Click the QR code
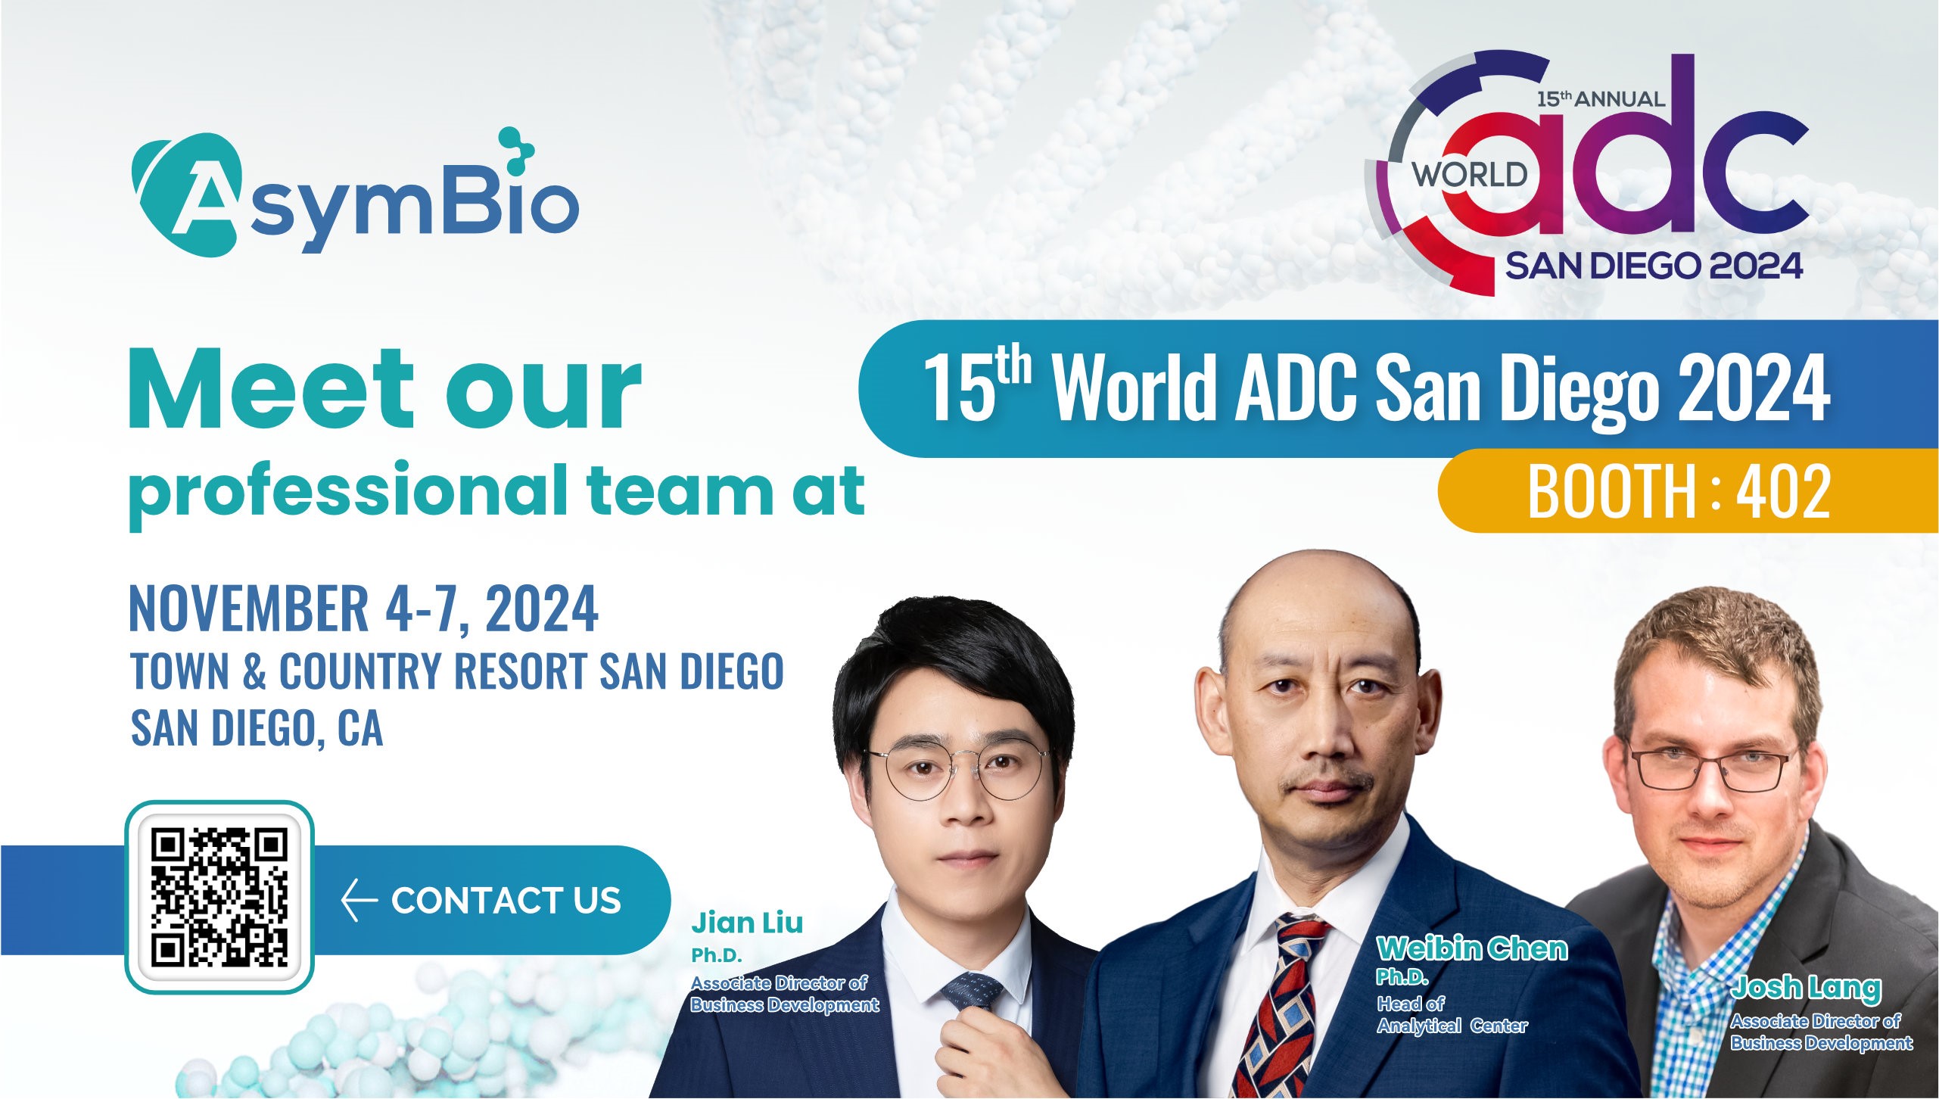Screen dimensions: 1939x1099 click(x=219, y=898)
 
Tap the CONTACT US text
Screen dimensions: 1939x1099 click(x=506, y=901)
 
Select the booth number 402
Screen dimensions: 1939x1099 click(x=1783, y=491)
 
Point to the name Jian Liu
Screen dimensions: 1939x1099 click(x=747, y=923)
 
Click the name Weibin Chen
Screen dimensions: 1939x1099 click(x=1472, y=948)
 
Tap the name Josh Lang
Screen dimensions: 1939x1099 click(x=1806, y=988)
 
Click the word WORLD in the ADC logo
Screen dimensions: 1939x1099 click(x=1470, y=175)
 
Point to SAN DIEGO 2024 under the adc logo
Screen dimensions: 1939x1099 click(x=1654, y=266)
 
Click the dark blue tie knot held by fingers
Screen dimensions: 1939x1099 click(x=972, y=992)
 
